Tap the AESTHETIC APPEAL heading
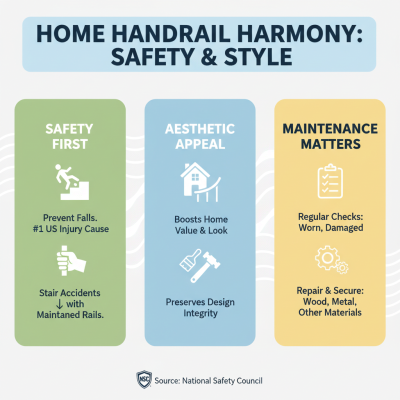click(200, 136)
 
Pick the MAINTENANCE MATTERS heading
click(330, 136)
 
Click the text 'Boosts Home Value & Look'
click(200, 225)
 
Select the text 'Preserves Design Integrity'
click(200, 308)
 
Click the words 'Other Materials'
click(330, 312)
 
